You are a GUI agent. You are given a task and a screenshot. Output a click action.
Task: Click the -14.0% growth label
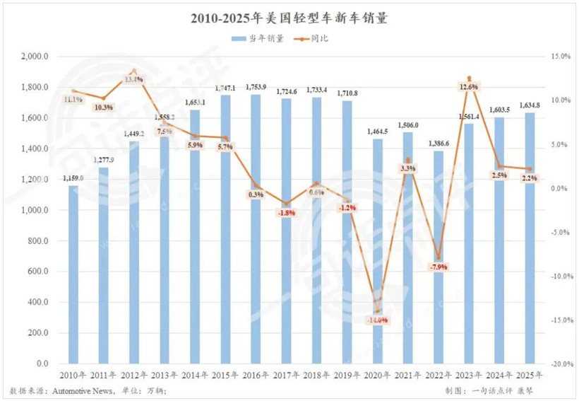coord(377,320)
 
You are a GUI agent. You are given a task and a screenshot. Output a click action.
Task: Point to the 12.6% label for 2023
coord(469,87)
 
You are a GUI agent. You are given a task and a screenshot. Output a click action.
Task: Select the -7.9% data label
coord(438,267)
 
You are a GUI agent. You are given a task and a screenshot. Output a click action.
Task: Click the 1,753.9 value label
coord(256,88)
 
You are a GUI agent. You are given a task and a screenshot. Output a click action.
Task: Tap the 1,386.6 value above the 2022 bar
coord(438,144)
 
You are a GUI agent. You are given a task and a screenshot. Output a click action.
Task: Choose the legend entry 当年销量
coord(258,39)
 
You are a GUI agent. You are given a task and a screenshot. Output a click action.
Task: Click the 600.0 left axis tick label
coord(37,272)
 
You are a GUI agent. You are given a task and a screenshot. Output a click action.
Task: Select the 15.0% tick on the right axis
coord(559,57)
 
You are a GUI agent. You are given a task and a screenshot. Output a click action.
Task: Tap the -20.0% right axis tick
coord(558,364)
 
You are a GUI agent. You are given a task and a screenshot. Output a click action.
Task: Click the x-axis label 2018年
coord(316,376)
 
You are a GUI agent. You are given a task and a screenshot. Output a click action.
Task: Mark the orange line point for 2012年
coord(134,71)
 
